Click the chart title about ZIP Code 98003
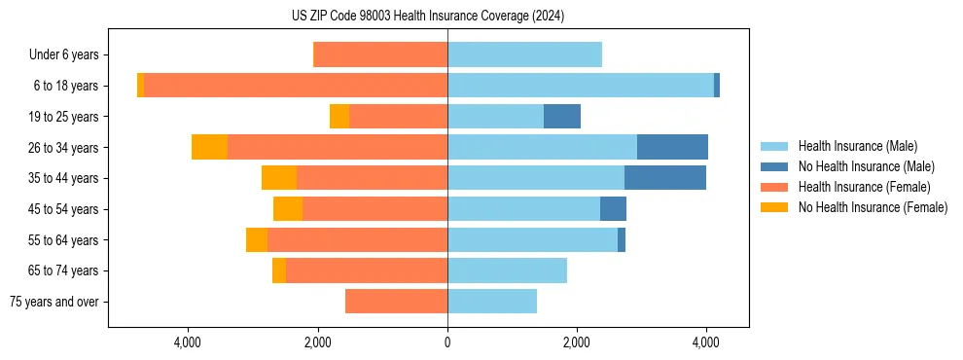tap(428, 16)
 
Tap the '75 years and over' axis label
tap(54, 302)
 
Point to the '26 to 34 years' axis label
tap(64, 147)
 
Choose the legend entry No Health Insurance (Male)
tap(866, 166)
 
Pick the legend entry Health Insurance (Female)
tap(864, 187)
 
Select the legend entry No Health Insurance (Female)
tap(873, 207)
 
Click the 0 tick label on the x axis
tap(447, 342)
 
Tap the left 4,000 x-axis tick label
tap(188, 342)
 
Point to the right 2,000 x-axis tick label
tap(577, 342)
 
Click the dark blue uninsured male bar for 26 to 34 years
tap(672, 147)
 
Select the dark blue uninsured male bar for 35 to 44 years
tap(665, 178)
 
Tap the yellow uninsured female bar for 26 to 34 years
tap(209, 147)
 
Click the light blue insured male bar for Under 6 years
tap(524, 54)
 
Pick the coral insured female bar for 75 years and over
tap(396, 302)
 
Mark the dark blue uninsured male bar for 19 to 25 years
tap(562, 117)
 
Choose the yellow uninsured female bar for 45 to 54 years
tap(288, 209)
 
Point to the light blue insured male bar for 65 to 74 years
tap(507, 270)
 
